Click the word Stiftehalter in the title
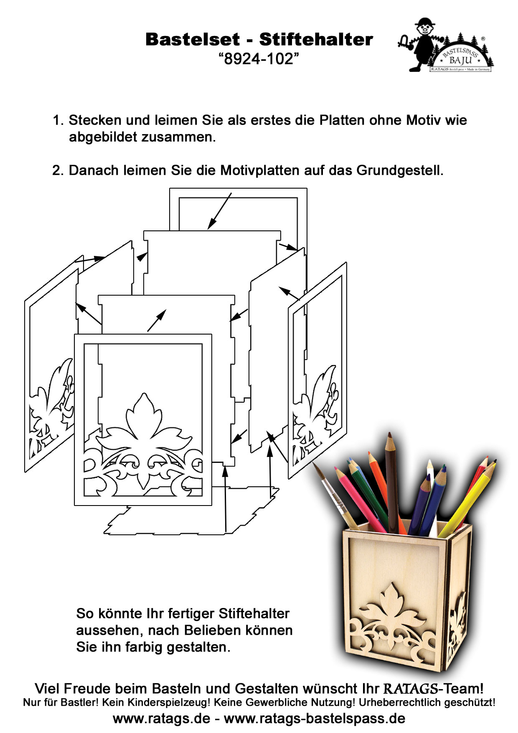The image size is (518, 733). click(316, 40)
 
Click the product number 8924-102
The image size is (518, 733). click(259, 59)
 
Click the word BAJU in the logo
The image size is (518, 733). click(460, 60)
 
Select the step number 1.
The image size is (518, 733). click(57, 120)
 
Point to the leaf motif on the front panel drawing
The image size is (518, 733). click(144, 431)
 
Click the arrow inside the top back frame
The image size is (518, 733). click(219, 212)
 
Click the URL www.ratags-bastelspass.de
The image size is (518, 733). click(314, 718)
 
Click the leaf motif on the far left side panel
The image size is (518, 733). click(52, 401)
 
